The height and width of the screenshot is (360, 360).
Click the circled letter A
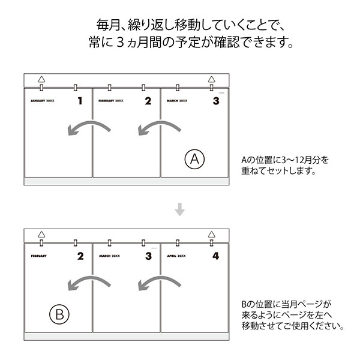[x=195, y=160]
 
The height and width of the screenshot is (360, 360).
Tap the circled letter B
[x=59, y=313]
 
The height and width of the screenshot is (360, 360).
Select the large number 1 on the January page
[x=80, y=101]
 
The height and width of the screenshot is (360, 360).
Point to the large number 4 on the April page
[x=216, y=257]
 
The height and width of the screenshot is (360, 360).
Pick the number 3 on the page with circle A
[x=216, y=101]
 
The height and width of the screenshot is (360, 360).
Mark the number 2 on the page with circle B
[x=80, y=257]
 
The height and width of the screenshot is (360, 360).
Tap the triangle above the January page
[x=41, y=79]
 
